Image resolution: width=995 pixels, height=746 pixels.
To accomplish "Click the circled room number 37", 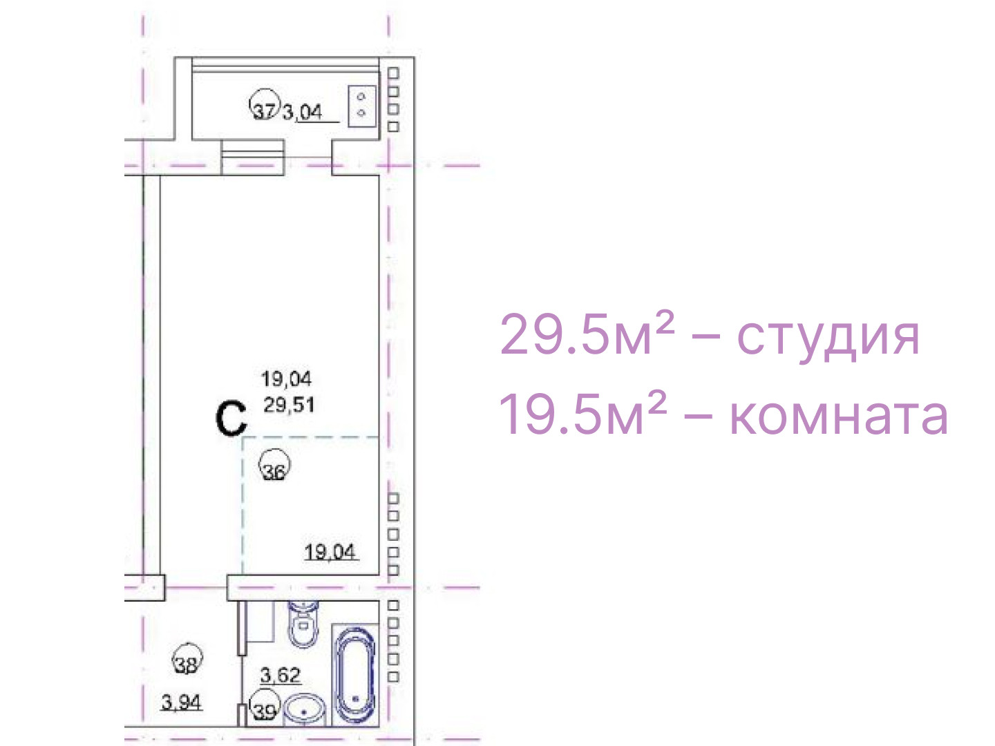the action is tap(264, 105).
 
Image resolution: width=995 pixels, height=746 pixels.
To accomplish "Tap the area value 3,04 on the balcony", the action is tap(303, 112).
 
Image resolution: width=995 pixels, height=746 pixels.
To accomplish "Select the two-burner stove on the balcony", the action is tap(362, 106).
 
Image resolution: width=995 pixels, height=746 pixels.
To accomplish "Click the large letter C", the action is tap(231, 419).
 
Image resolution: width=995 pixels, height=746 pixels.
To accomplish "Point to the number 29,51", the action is tap(290, 405).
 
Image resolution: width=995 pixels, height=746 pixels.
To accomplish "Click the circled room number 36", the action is tap(274, 465).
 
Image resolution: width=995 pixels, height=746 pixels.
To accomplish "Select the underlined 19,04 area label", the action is tap(330, 552).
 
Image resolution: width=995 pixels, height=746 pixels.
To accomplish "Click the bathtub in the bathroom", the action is tap(355, 674).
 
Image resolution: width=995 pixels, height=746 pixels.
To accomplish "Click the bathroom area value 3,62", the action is tap(281, 676).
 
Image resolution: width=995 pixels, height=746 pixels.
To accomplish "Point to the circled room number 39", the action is tap(265, 706).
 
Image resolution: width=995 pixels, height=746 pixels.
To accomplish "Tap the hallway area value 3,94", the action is tap(181, 703).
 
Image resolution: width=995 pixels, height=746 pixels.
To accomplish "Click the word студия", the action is tap(828, 338).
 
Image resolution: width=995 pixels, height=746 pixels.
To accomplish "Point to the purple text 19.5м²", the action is tap(583, 412).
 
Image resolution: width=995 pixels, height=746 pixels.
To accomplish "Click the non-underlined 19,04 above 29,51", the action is tap(287, 379).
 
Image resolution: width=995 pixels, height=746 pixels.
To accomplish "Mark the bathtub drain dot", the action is tap(355, 698).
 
